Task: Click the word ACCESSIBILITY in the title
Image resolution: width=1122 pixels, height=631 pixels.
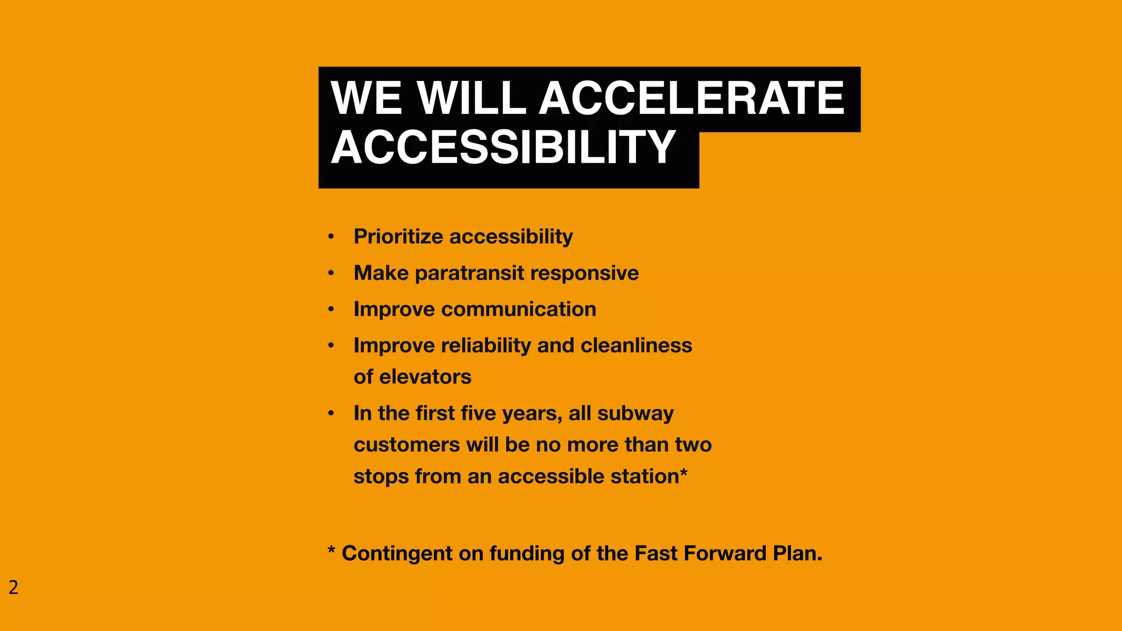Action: pyautogui.click(x=503, y=147)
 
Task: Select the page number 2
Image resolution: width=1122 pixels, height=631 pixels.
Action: pyautogui.click(x=14, y=588)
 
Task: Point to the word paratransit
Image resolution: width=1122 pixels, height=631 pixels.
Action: pyautogui.click(x=470, y=273)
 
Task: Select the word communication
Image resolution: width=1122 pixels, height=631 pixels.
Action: pyautogui.click(x=518, y=309)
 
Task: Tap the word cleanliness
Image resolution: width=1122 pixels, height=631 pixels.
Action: pyautogui.click(x=636, y=346)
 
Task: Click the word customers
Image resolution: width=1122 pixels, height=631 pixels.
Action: pyautogui.click(x=407, y=445)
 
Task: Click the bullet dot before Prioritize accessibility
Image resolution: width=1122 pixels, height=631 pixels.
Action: pyautogui.click(x=331, y=237)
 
